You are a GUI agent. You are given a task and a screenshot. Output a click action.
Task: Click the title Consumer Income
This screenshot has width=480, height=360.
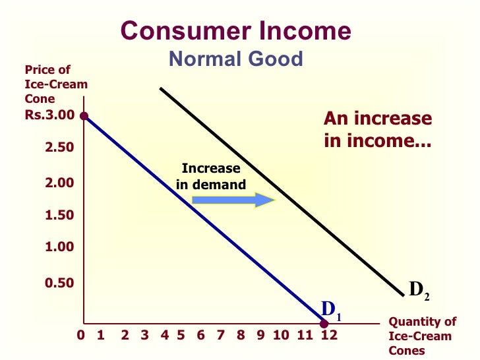tap(236, 31)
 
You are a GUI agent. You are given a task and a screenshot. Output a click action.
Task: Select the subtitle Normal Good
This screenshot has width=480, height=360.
tap(236, 59)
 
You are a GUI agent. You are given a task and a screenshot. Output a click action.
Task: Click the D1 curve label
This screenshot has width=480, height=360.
tap(330, 309)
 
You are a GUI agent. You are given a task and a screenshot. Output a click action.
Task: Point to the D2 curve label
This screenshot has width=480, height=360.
tap(419, 289)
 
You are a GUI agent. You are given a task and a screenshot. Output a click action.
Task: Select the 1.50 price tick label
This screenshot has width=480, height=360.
tap(59, 215)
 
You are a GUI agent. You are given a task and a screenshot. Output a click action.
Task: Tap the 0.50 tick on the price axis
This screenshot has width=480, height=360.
tap(59, 283)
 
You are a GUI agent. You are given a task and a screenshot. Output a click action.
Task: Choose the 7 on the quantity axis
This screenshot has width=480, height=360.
tap(221, 336)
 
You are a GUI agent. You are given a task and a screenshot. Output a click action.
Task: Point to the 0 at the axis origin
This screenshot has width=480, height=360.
tap(82, 336)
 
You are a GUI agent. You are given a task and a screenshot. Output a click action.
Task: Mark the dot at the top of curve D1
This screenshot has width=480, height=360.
tap(84, 116)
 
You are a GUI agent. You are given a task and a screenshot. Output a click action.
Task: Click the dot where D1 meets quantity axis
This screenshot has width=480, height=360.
tap(324, 323)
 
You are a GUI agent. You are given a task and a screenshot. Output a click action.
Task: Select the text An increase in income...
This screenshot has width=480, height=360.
tap(378, 129)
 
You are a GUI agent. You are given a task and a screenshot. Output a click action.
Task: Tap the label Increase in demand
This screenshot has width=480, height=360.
tap(211, 176)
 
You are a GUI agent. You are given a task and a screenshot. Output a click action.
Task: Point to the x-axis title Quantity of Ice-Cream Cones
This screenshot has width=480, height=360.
tap(423, 336)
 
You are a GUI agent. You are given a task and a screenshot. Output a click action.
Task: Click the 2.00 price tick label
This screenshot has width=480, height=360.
tap(59, 183)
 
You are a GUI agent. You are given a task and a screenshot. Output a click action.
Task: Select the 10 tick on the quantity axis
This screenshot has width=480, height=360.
tap(282, 336)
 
